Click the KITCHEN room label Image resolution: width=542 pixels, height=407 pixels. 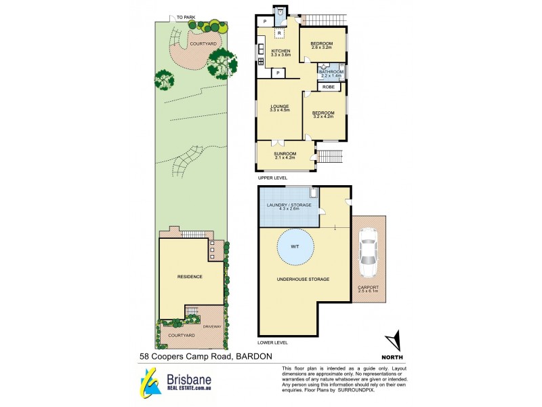pos(280,52)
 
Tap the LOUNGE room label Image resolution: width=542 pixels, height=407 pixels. pos(280,106)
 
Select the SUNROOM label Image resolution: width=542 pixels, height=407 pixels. pos(285,154)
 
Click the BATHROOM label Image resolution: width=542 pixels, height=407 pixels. pos(331,72)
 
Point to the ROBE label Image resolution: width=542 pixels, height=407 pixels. pos(329,88)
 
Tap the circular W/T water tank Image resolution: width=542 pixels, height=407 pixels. pos(295,247)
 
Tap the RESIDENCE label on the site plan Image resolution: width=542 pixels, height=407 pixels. pos(190,277)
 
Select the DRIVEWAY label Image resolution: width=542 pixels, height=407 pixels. pos(211,327)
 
